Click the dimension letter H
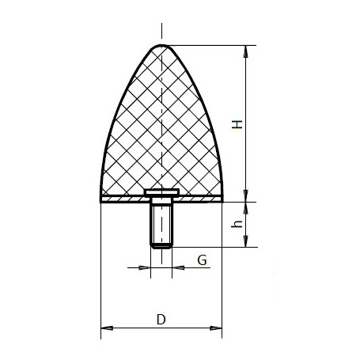tap(237, 124)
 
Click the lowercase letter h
tap(237, 224)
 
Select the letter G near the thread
tap(202, 260)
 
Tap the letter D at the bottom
tap(161, 319)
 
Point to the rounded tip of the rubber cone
tap(161, 46)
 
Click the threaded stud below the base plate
tap(161, 223)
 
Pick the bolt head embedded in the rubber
tap(161, 193)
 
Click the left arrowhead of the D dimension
tap(107, 328)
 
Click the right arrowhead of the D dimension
tap(216, 328)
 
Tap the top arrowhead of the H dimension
tap(245, 51)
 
